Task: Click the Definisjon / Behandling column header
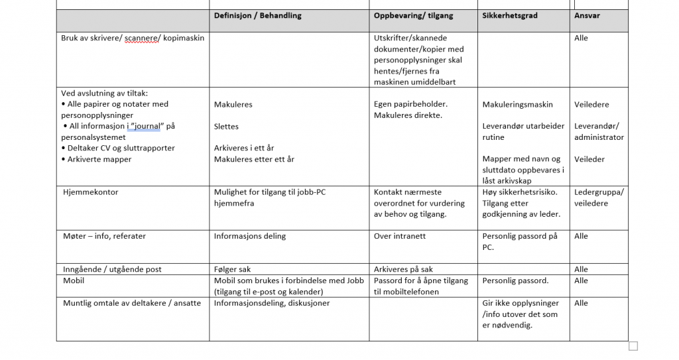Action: click(257, 16)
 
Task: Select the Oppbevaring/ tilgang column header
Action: click(410, 16)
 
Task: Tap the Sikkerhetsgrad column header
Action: click(510, 16)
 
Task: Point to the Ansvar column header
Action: click(587, 16)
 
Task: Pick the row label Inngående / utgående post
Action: click(111, 269)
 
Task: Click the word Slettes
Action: click(226, 126)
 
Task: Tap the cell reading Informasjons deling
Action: click(250, 236)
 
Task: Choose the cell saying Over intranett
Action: click(400, 236)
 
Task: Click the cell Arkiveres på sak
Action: click(403, 269)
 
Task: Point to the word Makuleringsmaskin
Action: click(519, 104)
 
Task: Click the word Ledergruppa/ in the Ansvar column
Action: click(599, 192)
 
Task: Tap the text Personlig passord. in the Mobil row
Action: click(515, 280)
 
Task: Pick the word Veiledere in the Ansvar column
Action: click(591, 104)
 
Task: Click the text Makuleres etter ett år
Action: click(254, 159)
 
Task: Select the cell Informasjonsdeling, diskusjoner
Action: click(271, 303)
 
